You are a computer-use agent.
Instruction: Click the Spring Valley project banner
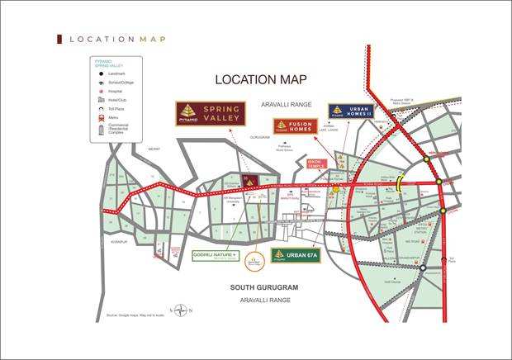[211, 113]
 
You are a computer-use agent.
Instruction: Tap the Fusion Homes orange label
[296, 126]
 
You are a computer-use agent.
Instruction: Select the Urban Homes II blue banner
[351, 111]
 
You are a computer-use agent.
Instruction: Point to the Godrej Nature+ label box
[216, 255]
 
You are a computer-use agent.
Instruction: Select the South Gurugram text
[264, 287]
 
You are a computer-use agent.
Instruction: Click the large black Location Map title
[261, 79]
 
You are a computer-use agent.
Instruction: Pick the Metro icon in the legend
[101, 117]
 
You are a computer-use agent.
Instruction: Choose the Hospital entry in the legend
[101, 91]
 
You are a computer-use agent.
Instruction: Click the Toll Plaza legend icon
[101, 108]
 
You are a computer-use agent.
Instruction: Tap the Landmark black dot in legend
[101, 73]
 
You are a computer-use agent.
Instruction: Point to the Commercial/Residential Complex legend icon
[101, 129]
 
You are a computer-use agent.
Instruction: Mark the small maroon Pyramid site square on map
[250, 180]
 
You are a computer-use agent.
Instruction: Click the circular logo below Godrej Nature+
[258, 256]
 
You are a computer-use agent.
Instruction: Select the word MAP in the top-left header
[151, 39]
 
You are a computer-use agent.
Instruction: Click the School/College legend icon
[101, 83]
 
